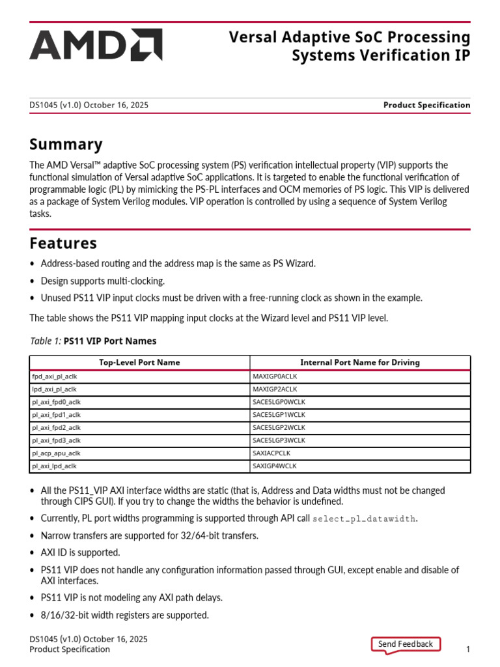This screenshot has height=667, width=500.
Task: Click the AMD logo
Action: click(x=95, y=45)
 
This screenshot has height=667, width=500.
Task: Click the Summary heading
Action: click(x=66, y=144)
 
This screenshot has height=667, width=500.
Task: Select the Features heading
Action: click(x=64, y=243)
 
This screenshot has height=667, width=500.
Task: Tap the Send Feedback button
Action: click(x=405, y=644)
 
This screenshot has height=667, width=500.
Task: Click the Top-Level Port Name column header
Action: click(x=139, y=362)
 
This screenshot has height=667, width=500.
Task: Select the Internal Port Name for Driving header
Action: click(x=359, y=362)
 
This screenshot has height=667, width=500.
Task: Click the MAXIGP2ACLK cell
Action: click(x=274, y=389)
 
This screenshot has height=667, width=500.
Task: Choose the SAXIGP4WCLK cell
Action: click(x=274, y=466)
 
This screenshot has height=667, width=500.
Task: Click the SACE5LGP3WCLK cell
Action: click(x=278, y=440)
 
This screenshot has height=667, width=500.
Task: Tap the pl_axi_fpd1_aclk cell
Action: click(x=56, y=414)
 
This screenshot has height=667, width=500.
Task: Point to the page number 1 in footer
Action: click(x=467, y=649)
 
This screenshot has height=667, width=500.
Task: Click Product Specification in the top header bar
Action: click(x=426, y=105)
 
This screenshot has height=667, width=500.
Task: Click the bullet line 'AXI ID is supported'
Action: click(x=80, y=552)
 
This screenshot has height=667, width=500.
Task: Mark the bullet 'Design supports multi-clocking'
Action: click(x=102, y=281)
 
